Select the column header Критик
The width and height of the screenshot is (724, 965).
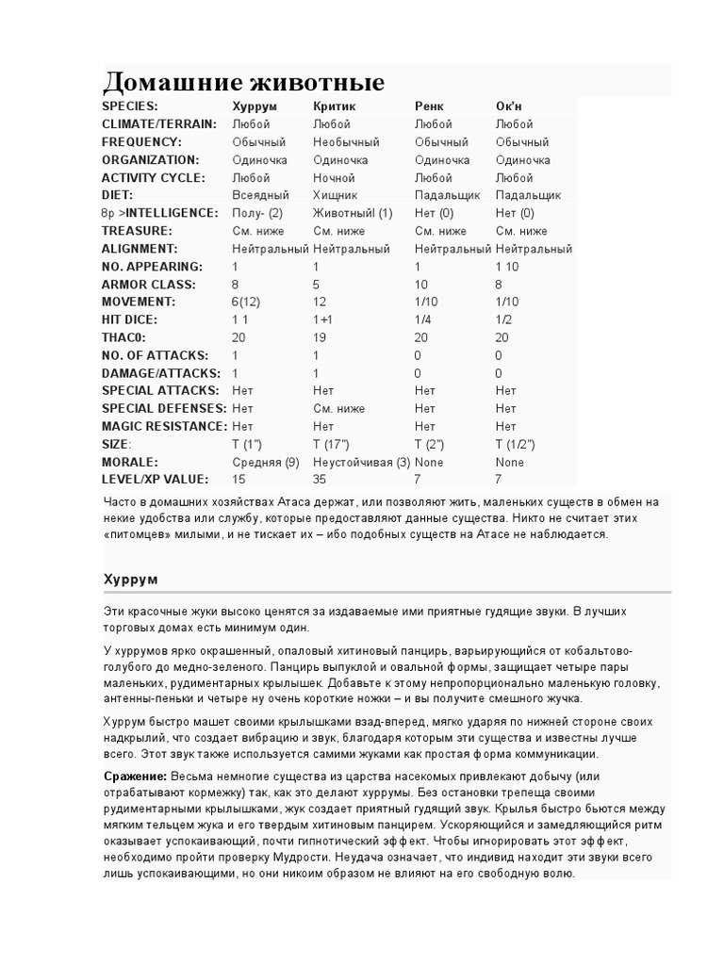[335, 106]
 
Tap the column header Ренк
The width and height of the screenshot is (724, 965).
[429, 106]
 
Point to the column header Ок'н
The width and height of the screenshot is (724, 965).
[510, 106]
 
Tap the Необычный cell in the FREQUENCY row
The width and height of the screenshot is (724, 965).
[346, 142]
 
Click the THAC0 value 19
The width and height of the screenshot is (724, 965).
[320, 337]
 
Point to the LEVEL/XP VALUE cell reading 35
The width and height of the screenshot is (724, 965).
[320, 481]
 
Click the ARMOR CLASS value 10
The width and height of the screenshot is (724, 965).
[421, 285]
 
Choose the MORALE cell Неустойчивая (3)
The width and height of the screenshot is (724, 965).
[361, 463]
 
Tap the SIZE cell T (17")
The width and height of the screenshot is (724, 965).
[331, 445]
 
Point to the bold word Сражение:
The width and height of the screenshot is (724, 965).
[135, 776]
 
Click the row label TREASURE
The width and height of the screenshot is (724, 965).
[137, 231]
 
